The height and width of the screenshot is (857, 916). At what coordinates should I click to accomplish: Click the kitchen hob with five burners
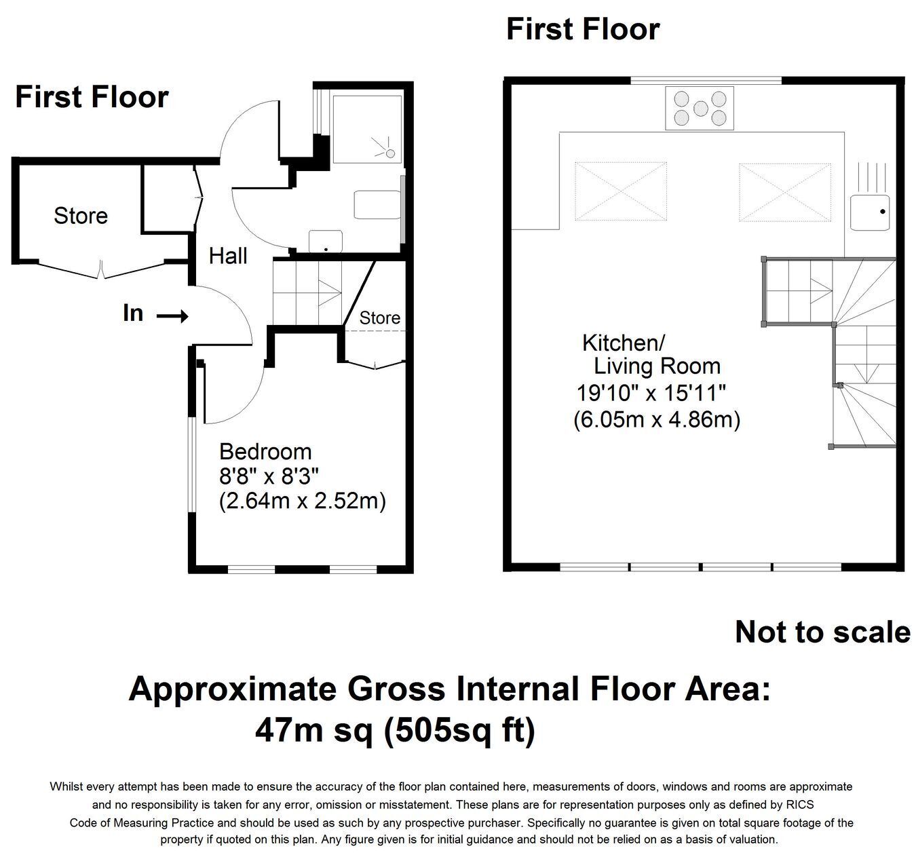tap(700, 108)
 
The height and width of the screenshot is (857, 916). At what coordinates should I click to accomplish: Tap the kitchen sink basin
tap(870, 212)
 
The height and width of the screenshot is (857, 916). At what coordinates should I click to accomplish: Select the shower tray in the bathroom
tap(367, 129)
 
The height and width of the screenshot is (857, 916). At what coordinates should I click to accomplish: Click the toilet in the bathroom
tap(377, 204)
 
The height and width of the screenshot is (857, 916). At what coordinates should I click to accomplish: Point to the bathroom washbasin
tap(326, 242)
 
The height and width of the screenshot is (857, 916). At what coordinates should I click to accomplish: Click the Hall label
tap(228, 256)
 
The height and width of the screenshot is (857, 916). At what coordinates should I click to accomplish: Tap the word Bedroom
tap(265, 451)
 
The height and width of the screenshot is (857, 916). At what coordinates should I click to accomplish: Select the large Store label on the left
tap(81, 215)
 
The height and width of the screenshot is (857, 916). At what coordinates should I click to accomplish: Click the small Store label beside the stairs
tap(379, 318)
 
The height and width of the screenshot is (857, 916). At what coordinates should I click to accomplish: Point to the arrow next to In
tap(172, 316)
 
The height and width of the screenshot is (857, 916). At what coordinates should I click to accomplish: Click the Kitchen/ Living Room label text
tap(651, 354)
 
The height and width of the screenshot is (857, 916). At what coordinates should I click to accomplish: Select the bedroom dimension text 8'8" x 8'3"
tap(269, 476)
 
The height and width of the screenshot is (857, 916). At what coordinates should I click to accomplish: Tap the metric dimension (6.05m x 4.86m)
tap(657, 420)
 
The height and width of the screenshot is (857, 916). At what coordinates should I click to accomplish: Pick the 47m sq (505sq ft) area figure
tap(395, 730)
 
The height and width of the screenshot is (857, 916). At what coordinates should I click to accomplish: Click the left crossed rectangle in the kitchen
tap(621, 191)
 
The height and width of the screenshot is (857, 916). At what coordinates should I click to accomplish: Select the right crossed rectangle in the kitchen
tap(784, 192)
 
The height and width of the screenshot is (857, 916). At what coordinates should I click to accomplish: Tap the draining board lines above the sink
tap(872, 177)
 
